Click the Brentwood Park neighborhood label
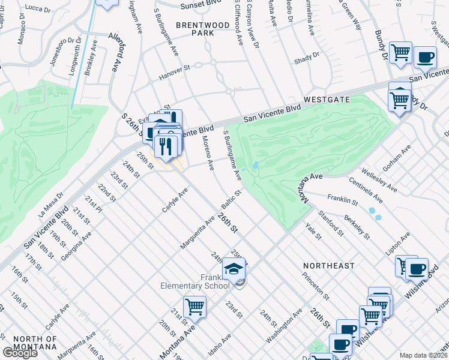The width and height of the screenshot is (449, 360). pyautogui.click(x=202, y=29)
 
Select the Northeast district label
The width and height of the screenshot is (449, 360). pyautogui.click(x=329, y=265)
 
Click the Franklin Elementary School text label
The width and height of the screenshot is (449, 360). pyautogui.click(x=195, y=281)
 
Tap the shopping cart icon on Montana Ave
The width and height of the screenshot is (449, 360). pyautogui.click(x=194, y=307)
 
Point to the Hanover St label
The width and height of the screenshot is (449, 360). pyautogui.click(x=173, y=73)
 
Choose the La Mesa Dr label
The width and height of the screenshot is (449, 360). pyautogui.click(x=50, y=207)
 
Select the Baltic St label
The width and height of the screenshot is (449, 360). pyautogui.click(x=231, y=200)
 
